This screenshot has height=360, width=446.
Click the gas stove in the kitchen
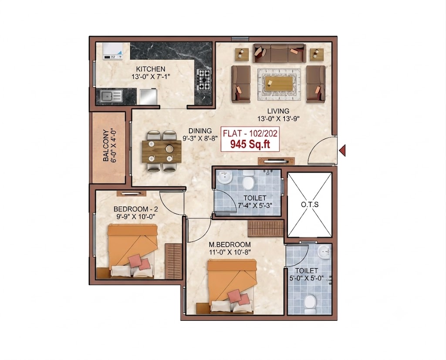point(204,80)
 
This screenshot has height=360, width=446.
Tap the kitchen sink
point(111,96)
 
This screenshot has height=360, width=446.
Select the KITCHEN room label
point(150,69)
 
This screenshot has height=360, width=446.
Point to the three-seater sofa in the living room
point(279,53)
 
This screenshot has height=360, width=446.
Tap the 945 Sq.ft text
point(250,145)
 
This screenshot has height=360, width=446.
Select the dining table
point(162,151)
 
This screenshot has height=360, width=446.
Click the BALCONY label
point(105,145)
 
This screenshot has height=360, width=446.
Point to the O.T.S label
point(310,205)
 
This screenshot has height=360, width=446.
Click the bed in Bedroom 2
point(132,251)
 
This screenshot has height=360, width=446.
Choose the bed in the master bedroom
point(232,286)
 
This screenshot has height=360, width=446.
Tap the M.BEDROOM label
point(230,245)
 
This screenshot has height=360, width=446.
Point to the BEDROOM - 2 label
point(136,209)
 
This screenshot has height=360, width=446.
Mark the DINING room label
point(200,131)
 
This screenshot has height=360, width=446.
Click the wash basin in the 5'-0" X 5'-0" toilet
point(324,251)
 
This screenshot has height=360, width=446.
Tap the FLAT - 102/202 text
point(250,133)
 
